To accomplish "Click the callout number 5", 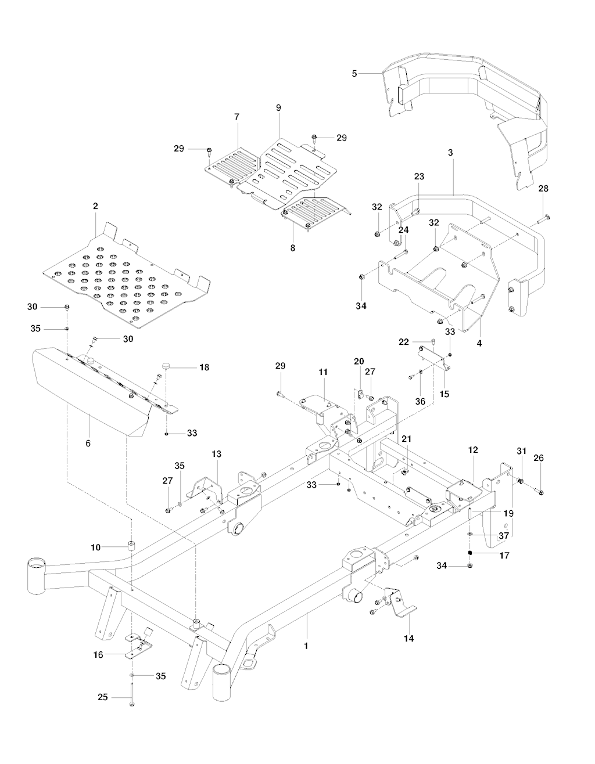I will point(354,73).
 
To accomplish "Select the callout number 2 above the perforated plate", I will point(95,206).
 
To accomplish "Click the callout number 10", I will point(96,547).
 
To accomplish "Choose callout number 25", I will point(102,697).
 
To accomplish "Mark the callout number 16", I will point(99,654).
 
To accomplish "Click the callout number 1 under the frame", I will point(307,645).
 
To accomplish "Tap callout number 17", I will point(504,555).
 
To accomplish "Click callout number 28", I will point(543,189).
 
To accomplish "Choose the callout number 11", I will point(324,370).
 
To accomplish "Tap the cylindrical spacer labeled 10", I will point(131,546).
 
